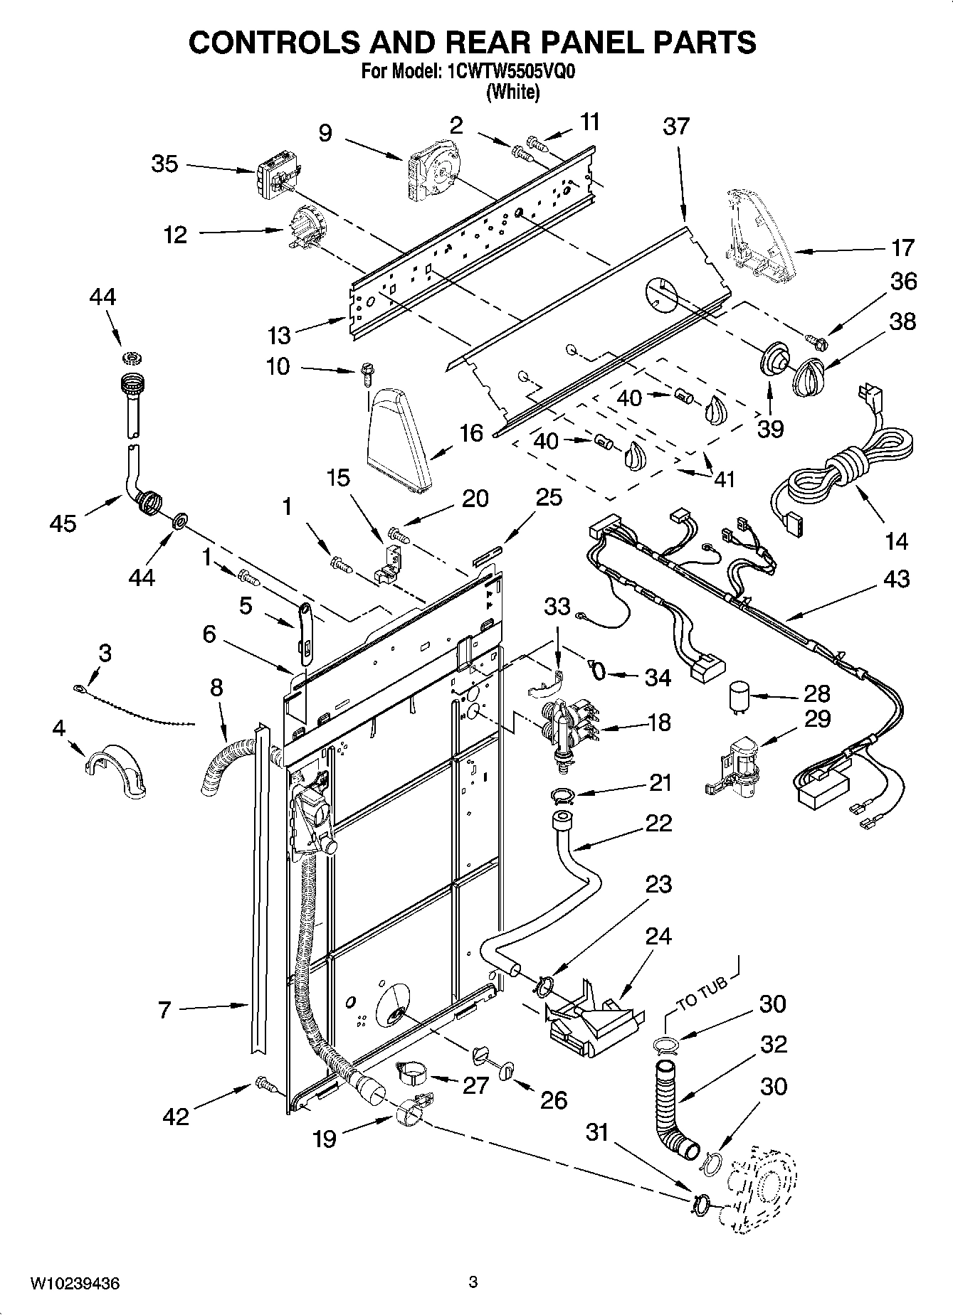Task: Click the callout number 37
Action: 675,127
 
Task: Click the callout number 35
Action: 164,164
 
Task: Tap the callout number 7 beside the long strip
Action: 164,1009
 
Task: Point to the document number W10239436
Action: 74,1284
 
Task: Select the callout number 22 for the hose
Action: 658,823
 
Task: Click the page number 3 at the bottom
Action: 473,1283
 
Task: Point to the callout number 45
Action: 63,523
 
